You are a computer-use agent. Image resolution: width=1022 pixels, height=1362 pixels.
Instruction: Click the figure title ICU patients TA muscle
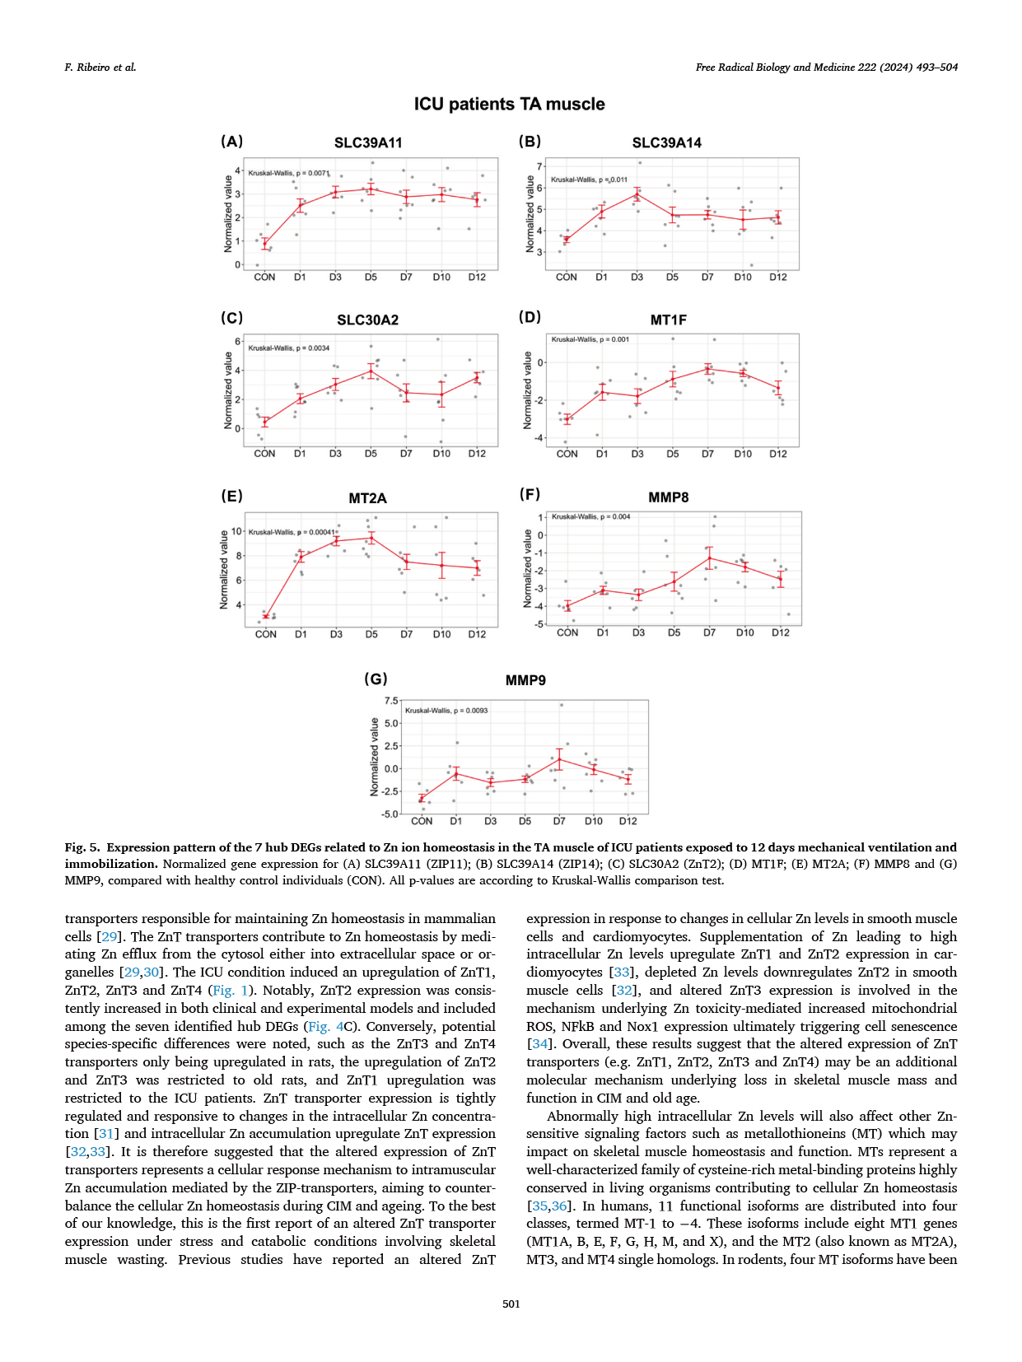point(509,105)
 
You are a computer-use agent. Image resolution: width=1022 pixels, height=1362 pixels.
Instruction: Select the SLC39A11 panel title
point(368,143)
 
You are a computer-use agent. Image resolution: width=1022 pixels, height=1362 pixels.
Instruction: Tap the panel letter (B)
point(530,142)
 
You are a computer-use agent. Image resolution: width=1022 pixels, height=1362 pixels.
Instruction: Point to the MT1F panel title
point(668,320)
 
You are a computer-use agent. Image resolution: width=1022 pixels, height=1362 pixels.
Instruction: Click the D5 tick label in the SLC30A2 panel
point(371,454)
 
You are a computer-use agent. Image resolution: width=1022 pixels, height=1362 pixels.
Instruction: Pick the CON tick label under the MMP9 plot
point(422,821)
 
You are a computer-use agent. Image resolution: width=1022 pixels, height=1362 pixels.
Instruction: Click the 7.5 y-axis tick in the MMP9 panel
point(391,701)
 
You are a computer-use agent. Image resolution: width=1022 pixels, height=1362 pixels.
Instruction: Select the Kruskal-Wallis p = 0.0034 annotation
point(289,348)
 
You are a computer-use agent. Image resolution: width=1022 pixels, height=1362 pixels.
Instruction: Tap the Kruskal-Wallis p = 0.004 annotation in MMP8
point(591,517)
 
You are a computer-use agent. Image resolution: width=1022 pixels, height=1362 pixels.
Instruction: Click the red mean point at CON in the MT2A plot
point(265,616)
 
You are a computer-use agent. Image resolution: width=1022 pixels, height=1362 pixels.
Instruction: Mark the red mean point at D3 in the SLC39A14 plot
point(637,194)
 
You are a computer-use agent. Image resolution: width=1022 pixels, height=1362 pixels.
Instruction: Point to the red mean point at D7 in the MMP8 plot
point(709,558)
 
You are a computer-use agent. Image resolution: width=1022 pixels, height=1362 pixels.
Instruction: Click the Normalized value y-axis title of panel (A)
point(228,214)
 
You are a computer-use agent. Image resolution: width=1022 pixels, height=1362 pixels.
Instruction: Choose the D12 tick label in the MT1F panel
point(778,454)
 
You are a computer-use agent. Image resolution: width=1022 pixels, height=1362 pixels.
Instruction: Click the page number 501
point(511,1304)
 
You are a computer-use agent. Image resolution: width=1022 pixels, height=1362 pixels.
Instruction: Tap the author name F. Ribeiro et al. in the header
point(100,68)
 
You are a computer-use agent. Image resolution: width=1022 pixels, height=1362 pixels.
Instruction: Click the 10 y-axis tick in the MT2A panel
point(236,531)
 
